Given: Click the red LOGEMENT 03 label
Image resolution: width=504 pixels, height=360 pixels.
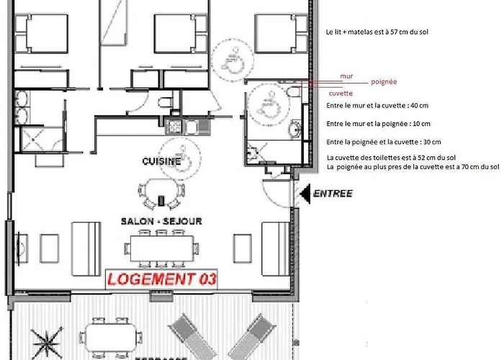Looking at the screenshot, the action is pos(162,279).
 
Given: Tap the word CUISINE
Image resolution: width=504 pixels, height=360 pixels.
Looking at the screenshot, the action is pos(161,161).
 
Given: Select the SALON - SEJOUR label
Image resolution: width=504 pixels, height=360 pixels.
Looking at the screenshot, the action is pos(161,221).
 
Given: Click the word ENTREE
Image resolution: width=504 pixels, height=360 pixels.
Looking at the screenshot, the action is pos(333,194).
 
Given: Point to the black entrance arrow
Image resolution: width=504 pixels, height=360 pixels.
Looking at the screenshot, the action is pos(305,194).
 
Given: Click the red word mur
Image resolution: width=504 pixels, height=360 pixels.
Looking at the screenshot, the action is pos(346,76).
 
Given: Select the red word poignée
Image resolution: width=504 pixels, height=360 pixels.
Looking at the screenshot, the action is pos(384,81).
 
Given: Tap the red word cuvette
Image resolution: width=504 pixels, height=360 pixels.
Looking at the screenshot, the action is pos(341,93).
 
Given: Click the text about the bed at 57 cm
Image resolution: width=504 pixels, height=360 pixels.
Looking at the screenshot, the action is pos(377,32).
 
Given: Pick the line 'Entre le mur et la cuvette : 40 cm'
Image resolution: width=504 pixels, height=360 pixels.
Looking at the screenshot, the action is pos(377,105).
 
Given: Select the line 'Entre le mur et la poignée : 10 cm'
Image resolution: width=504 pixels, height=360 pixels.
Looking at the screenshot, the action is pos(378,124).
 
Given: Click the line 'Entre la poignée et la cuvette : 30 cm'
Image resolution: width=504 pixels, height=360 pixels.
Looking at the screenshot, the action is pos(384,142).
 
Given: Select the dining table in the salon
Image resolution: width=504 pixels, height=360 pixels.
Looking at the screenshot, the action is pos(162,248).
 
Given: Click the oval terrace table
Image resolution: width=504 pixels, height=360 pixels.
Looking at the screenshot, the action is pos(111,338).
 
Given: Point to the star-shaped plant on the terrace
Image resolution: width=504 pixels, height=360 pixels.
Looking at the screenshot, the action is pos(47,343).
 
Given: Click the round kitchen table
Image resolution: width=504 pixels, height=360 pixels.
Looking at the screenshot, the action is pos(160,191).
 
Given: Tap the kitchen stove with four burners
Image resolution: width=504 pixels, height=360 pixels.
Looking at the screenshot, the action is pos(174,126).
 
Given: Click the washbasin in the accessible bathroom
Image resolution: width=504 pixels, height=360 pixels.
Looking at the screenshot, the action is pos(296,129).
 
